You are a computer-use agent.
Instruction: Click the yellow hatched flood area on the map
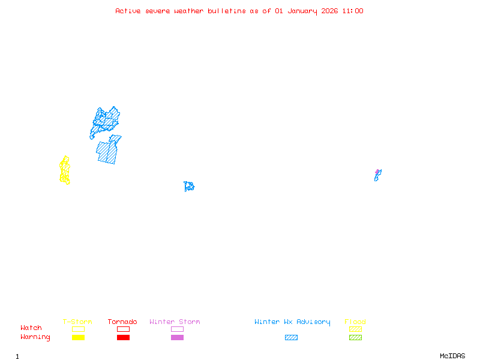[x=65, y=170]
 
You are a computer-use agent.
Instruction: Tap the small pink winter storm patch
[x=377, y=172]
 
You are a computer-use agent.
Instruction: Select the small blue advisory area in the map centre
[x=189, y=187]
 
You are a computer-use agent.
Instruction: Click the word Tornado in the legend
[x=122, y=322]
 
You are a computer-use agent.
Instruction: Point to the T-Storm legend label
[x=77, y=322]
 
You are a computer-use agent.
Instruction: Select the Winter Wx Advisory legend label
[x=292, y=322]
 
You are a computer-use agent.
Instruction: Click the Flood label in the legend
[x=355, y=322]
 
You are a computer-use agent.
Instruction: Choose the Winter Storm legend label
[x=175, y=322]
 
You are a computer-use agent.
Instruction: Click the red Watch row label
[x=31, y=328]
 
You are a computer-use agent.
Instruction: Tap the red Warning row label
[x=35, y=337]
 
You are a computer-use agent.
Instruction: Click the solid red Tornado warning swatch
[x=123, y=338]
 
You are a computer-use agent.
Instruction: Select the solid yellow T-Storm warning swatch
[x=78, y=338]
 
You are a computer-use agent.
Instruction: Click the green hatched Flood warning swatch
[x=355, y=338]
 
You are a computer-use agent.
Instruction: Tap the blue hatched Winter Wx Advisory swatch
[x=291, y=338]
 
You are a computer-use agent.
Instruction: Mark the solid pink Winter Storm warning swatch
[x=177, y=338]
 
